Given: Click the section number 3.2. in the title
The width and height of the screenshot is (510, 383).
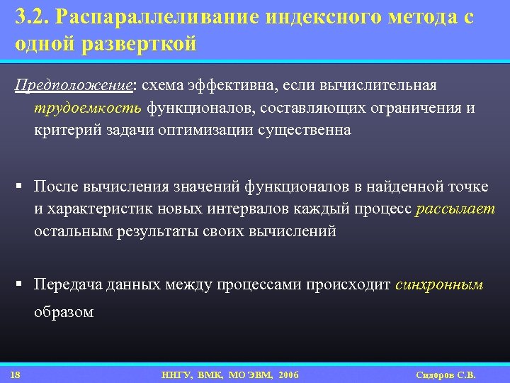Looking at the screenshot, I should (x=32, y=18).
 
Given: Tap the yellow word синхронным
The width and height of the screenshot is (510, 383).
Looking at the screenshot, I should (x=439, y=285).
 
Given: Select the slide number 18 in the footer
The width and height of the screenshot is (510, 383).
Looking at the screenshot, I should (x=16, y=374).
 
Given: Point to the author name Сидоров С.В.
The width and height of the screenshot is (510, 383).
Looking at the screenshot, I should (x=446, y=374).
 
